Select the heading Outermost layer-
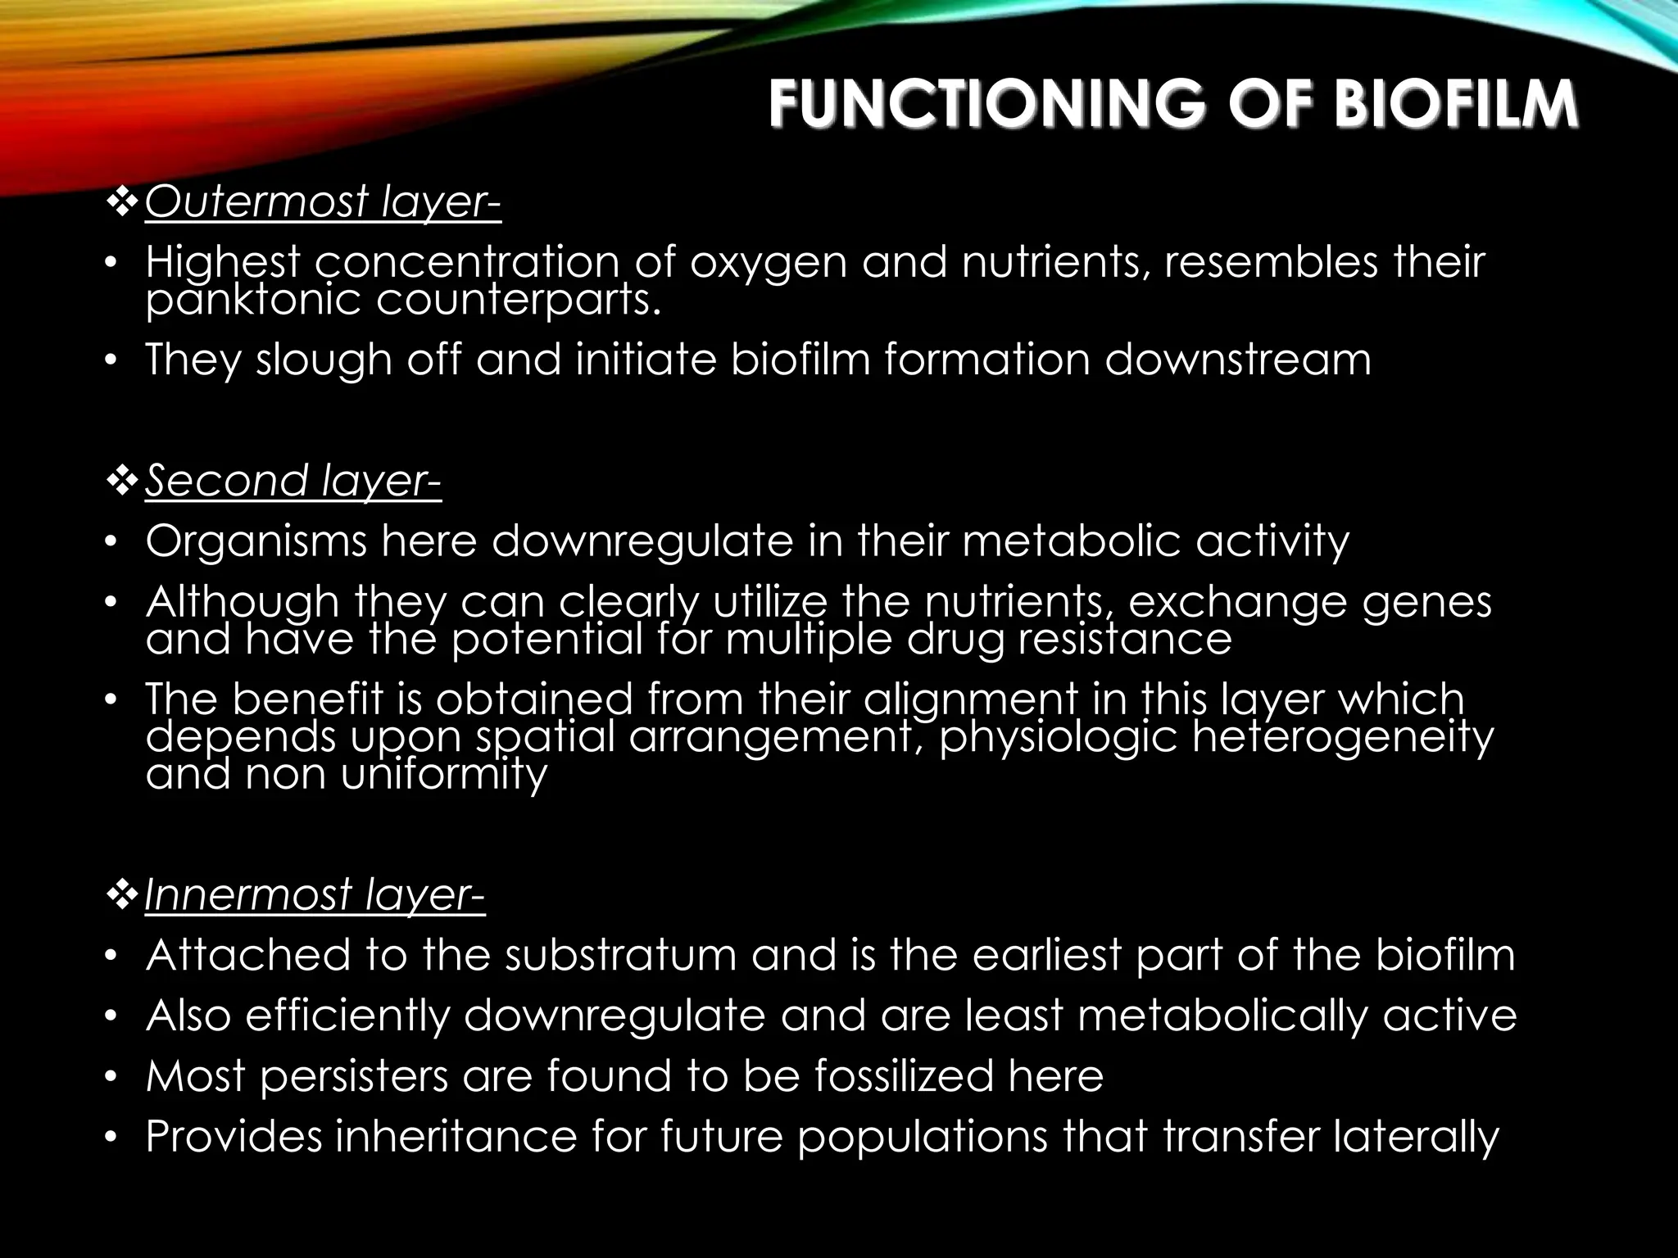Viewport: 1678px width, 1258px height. [x=323, y=202]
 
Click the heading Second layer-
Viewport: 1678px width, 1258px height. [x=293, y=481]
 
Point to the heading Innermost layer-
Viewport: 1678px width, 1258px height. [x=315, y=894]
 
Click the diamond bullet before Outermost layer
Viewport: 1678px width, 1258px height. [x=122, y=201]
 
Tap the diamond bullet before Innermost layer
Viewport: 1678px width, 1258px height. [x=122, y=894]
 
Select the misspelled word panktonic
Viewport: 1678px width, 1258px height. [x=253, y=301]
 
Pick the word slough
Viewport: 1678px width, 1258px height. [x=323, y=361]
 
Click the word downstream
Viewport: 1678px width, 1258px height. [x=1237, y=360]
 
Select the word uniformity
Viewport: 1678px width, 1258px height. [x=443, y=775]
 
